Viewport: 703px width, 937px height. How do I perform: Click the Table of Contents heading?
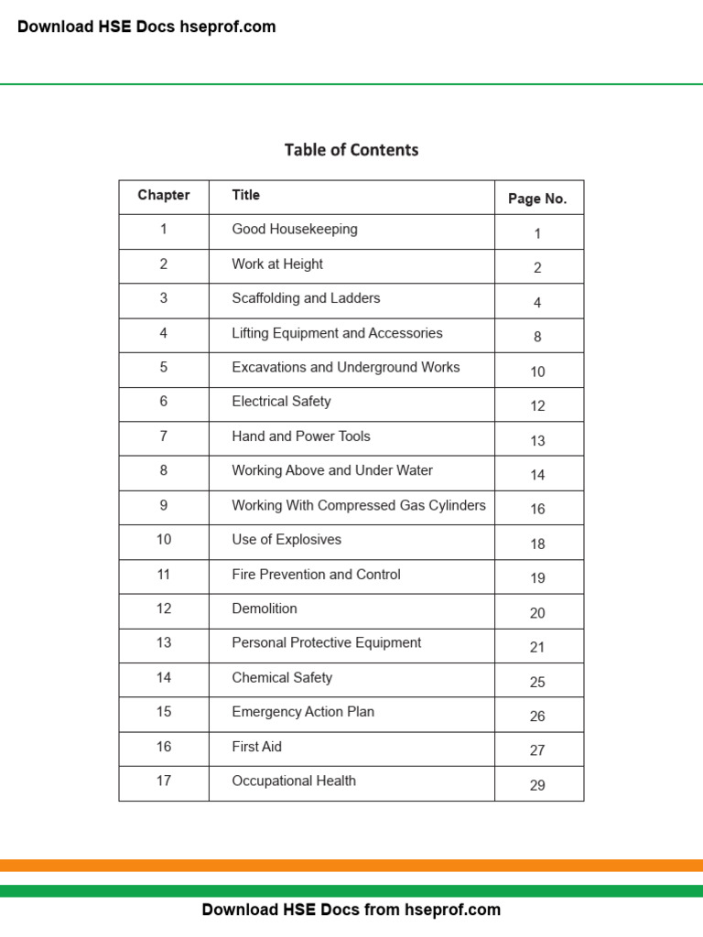(x=351, y=150)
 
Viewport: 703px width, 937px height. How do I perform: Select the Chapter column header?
(x=164, y=195)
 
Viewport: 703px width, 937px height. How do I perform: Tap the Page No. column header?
(x=537, y=199)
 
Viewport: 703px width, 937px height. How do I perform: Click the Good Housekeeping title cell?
(x=295, y=230)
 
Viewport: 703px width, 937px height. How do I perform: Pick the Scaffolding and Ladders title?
(x=306, y=298)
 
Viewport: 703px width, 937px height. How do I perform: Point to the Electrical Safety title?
(x=281, y=402)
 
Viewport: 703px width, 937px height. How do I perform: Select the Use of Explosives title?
(x=287, y=540)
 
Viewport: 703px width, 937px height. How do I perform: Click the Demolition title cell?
(x=265, y=609)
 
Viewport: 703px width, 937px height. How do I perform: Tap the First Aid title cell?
(x=257, y=747)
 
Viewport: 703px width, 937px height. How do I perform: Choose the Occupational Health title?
(x=294, y=781)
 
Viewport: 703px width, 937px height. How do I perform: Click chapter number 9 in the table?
(x=164, y=505)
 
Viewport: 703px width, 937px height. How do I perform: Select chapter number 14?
(x=164, y=678)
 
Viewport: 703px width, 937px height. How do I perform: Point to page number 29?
(x=537, y=785)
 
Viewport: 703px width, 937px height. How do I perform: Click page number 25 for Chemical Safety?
(x=537, y=682)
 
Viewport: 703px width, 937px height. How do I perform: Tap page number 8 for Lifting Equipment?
(x=537, y=337)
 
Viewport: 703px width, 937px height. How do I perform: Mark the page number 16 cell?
(x=537, y=509)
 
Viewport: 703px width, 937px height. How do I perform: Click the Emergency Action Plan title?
(x=303, y=712)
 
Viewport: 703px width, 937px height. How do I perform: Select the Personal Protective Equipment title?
(x=327, y=643)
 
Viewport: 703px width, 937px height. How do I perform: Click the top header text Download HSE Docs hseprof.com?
(x=146, y=27)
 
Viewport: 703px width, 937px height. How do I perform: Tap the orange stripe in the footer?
(x=351, y=866)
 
